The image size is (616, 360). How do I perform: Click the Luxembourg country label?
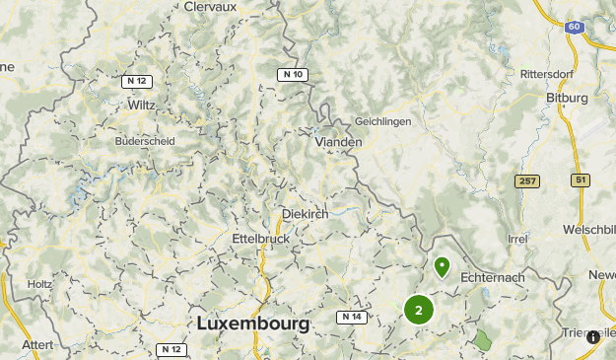pos(253,324)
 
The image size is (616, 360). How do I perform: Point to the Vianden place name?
pos(338,142)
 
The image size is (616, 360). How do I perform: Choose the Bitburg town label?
pos(566,99)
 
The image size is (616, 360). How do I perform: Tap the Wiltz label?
pos(141,104)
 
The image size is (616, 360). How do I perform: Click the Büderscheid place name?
pos(145,141)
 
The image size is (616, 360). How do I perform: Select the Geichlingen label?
pos(383,120)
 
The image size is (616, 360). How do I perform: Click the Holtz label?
pos(40,284)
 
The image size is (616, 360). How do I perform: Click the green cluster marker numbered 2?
pos(419,310)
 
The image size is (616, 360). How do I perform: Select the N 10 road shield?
pos(292,74)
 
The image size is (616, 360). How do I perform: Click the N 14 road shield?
pos(351,317)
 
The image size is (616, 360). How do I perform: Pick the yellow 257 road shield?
pos(527,181)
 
